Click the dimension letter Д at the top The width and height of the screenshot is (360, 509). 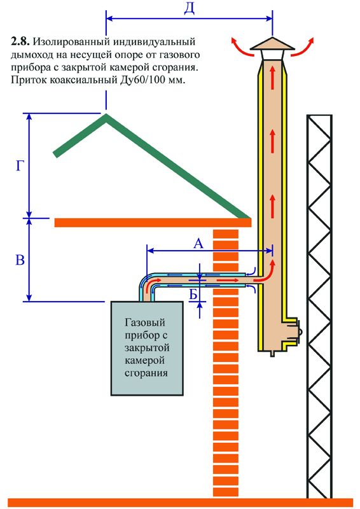(x=190, y=9)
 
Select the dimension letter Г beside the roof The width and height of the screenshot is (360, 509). (x=20, y=166)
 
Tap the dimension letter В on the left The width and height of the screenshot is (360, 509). (x=20, y=260)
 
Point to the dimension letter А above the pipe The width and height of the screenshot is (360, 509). (x=198, y=243)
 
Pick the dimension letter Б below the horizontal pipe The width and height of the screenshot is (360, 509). (x=193, y=295)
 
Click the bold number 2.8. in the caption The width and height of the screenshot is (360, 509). (x=20, y=42)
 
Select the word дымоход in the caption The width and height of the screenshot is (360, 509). (x=31, y=55)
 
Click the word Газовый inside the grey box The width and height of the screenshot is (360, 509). (x=145, y=323)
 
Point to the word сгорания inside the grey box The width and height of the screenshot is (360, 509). (x=146, y=372)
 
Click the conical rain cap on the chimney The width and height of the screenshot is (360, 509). (x=272, y=44)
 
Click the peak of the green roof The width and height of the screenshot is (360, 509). (x=106, y=115)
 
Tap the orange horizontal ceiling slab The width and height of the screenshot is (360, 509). (x=153, y=223)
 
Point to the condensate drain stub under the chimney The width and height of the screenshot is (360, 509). (x=272, y=354)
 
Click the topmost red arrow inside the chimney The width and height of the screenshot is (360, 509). (x=272, y=75)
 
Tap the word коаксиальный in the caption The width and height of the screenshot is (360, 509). (x=82, y=80)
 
